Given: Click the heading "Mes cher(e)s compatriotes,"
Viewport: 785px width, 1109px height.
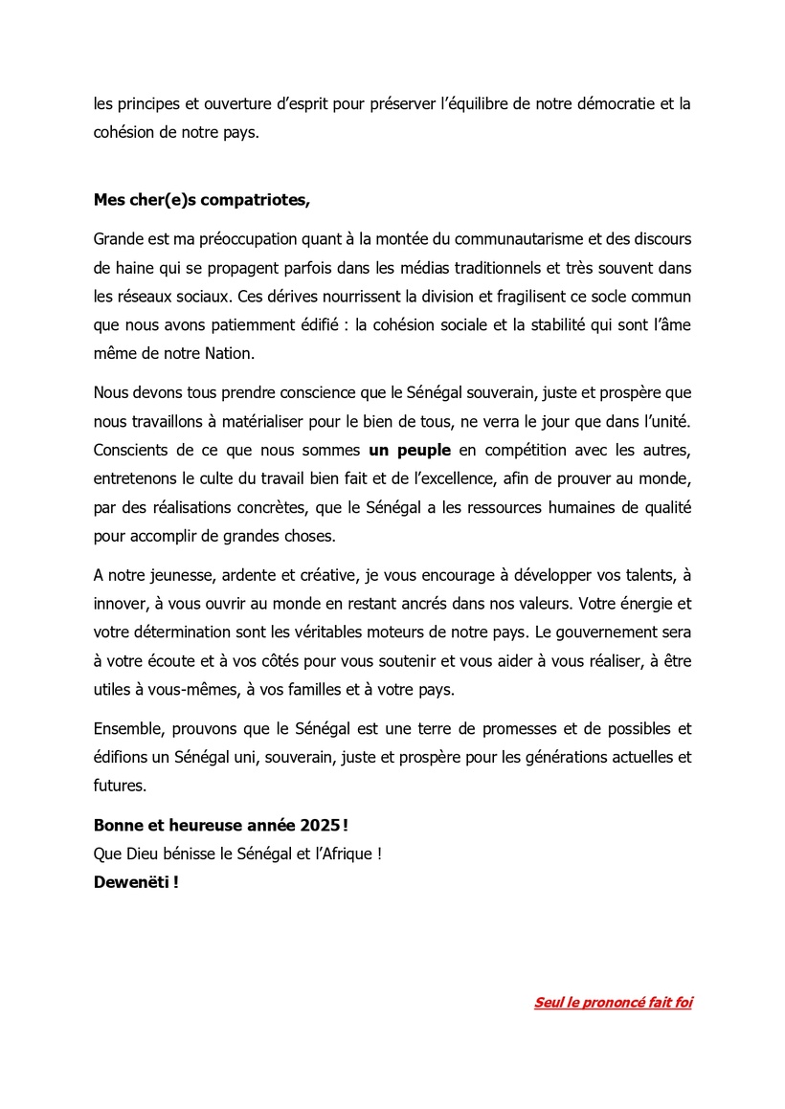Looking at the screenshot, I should (x=202, y=200).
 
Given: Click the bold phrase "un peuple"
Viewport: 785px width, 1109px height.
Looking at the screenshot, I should (x=410, y=449).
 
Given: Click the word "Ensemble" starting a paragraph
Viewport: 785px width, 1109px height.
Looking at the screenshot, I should (x=126, y=729).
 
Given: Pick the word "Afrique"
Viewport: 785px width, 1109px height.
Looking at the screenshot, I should (x=348, y=854).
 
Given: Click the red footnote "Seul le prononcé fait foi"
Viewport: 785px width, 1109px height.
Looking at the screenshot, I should (x=613, y=1003).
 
